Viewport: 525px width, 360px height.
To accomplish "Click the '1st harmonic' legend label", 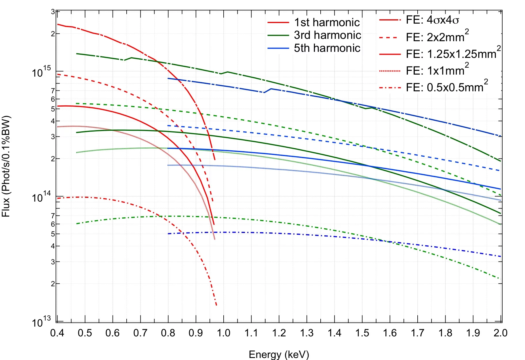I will click(x=327, y=22).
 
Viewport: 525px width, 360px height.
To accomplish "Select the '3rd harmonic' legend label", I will click(x=327, y=35).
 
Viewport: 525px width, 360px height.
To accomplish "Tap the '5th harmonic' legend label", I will click(x=327, y=48).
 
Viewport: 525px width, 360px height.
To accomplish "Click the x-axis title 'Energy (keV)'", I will click(x=279, y=354).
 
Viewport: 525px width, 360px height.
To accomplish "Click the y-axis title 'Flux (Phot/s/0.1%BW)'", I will click(x=6, y=166).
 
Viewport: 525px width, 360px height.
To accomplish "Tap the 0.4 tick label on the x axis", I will click(x=57, y=333).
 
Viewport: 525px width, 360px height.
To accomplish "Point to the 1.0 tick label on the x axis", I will click(x=223, y=333).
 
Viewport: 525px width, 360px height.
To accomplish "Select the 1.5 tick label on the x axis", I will click(x=362, y=333).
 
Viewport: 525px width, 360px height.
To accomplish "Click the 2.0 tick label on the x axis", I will click(x=501, y=333).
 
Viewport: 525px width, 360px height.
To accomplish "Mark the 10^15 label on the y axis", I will click(x=41, y=72).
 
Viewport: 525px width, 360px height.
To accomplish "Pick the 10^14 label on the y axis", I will click(x=41, y=197).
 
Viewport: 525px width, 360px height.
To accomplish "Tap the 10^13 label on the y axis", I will click(x=41, y=322).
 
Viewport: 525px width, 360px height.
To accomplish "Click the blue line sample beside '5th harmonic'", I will click(x=278, y=48).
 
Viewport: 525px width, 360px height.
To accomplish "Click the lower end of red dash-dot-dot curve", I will click(x=216, y=305).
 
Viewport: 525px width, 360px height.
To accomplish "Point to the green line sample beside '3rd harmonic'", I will click(x=278, y=35).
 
